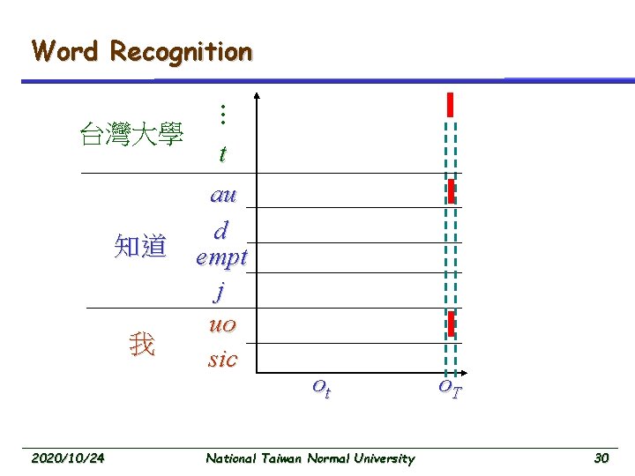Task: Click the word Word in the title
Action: (x=66, y=51)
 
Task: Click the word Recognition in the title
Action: (x=181, y=51)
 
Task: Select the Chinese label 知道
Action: (x=139, y=246)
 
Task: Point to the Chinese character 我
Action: (x=141, y=344)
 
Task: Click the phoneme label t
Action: (x=222, y=153)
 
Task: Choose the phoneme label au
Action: (x=222, y=195)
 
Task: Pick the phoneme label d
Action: (x=222, y=231)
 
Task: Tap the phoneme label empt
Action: (x=222, y=258)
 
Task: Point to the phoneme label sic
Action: (x=222, y=359)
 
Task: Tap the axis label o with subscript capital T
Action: (x=451, y=388)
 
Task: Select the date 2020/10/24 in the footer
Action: (x=68, y=457)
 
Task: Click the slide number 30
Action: (x=601, y=457)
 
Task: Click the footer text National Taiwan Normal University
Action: (x=310, y=457)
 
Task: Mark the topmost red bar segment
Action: (x=451, y=104)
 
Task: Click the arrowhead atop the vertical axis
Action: (x=258, y=95)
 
